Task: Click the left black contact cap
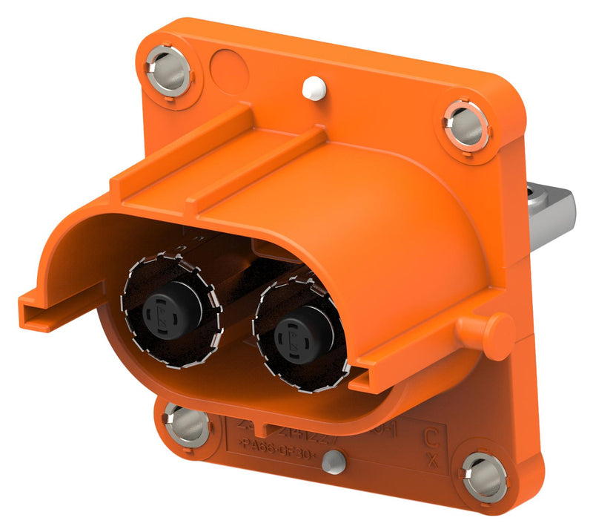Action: tap(163, 307)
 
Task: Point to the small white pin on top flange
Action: tap(314, 88)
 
